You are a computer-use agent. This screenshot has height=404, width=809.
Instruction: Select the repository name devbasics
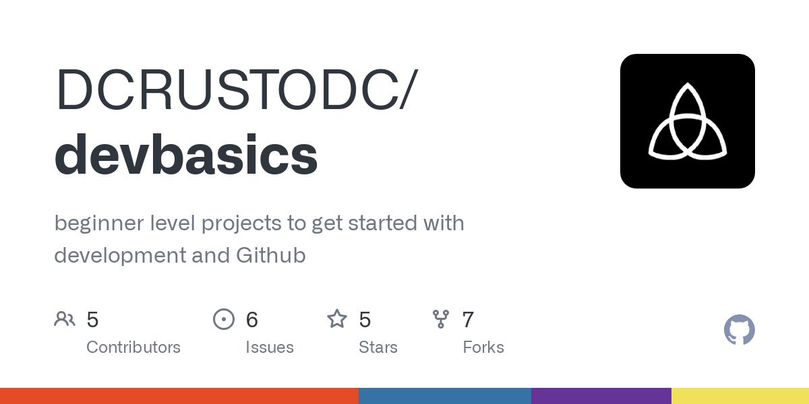tap(185, 154)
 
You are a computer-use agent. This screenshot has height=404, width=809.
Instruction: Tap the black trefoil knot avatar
tap(687, 121)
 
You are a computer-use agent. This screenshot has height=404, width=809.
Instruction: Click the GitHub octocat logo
tap(739, 330)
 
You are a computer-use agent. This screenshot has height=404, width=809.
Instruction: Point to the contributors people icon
tap(65, 319)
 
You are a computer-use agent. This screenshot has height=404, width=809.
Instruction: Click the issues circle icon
tap(223, 319)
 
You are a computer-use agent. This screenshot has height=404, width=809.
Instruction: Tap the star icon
tap(336, 319)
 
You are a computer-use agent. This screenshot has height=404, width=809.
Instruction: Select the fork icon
tap(441, 319)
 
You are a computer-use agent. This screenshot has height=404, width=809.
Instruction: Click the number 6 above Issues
tap(252, 320)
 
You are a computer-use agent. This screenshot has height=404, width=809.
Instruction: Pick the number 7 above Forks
tap(468, 320)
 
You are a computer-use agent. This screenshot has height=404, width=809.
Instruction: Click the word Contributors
tap(133, 347)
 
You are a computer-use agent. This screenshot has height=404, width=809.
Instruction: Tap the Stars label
tap(378, 347)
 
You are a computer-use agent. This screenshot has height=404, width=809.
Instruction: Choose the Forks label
tap(483, 347)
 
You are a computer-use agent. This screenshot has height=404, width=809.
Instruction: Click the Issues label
tap(270, 347)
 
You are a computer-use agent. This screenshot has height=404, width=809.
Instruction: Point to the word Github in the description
tap(271, 256)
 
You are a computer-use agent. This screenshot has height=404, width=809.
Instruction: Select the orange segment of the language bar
tap(179, 396)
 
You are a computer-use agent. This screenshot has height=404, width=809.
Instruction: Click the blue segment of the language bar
tap(445, 396)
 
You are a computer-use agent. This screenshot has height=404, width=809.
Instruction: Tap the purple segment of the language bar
tap(601, 396)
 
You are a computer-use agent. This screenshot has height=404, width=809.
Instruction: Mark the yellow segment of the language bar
tap(740, 396)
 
